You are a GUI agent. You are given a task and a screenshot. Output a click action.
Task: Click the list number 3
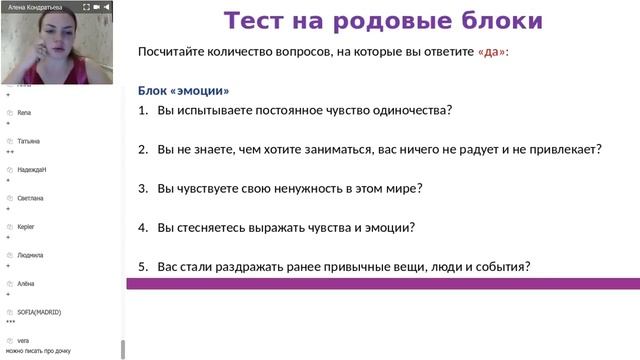pos(143,188)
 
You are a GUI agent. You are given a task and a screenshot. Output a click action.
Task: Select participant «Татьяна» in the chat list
pos(29,141)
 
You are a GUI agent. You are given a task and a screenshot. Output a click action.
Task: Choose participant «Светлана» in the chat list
pos(31,198)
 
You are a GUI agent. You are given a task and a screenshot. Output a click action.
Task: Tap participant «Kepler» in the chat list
pos(26,227)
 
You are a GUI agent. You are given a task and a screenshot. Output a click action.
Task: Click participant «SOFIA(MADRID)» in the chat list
pos(39,312)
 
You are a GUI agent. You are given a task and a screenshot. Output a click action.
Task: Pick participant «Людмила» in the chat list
pos(31,255)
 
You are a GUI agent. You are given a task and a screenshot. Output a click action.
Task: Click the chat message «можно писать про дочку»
pos(38,352)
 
